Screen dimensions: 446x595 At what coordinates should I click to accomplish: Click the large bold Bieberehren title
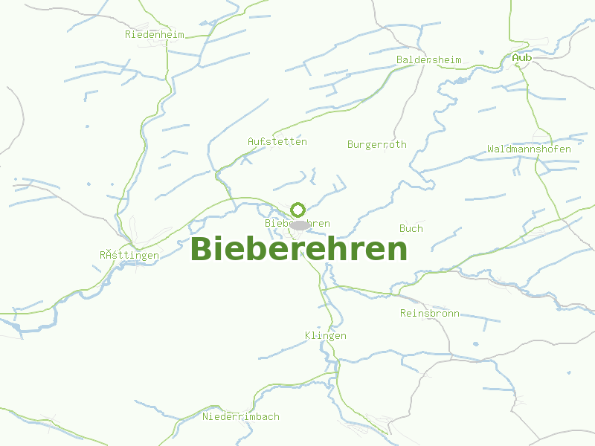299,250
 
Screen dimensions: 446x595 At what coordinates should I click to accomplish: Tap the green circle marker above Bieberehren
298,210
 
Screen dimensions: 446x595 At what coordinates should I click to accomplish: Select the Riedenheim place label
155,34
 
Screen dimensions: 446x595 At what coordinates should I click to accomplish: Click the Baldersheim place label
429,59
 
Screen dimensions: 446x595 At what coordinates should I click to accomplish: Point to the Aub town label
521,57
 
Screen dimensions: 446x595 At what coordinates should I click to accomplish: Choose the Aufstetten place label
277,141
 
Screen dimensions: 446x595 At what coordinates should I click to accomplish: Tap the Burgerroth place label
377,144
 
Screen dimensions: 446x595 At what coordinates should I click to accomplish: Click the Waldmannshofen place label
530,149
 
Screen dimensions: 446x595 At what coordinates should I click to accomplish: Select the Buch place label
411,228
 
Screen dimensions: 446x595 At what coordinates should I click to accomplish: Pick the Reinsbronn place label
430,313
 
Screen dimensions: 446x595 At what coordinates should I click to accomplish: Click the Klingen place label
326,335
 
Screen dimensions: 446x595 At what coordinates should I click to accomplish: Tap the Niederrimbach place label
241,416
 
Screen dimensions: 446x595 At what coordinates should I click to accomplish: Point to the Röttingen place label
129,255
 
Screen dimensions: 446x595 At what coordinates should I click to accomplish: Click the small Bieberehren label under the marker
297,223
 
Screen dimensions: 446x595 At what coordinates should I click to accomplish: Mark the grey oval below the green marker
300,224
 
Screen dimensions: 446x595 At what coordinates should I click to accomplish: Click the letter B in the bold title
202,250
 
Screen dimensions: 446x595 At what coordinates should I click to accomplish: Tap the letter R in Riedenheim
129,34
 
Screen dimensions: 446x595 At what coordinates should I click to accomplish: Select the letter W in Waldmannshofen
491,149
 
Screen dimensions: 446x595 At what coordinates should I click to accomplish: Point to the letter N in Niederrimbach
206,416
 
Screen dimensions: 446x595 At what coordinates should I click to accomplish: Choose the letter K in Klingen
308,335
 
